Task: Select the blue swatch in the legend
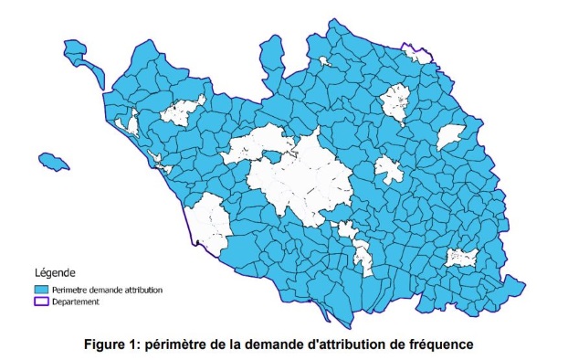point(40,290)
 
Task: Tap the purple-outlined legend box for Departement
point(40,302)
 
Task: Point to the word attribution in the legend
point(146,290)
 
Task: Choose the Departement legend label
point(77,302)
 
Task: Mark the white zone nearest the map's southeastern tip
point(460,259)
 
